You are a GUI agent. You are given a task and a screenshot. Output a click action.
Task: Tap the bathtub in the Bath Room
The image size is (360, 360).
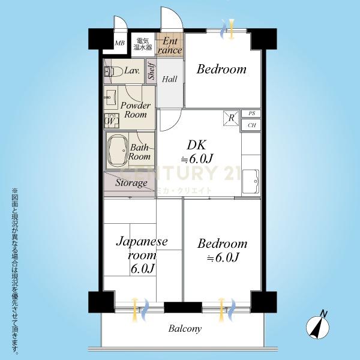click(x=118, y=151)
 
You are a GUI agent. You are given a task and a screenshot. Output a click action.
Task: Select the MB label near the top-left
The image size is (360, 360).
click(x=119, y=43)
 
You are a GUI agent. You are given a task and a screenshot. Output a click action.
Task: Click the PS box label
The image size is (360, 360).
click(x=252, y=113)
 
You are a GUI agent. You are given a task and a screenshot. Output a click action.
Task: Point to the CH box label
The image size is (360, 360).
click(x=252, y=125)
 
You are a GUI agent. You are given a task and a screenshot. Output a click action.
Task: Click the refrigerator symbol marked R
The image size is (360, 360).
click(x=231, y=118)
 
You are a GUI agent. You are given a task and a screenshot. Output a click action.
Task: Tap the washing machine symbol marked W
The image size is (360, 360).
click(x=112, y=121)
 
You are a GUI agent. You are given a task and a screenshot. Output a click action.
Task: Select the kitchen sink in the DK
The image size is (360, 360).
click(x=251, y=181)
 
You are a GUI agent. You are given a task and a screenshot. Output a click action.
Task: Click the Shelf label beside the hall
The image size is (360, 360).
click(x=152, y=71)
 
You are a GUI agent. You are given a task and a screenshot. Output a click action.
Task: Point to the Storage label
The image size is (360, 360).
click(x=131, y=183)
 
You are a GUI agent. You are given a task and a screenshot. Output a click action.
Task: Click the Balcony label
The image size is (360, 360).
click(x=185, y=329)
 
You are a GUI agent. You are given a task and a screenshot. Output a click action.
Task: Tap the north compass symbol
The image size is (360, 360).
click(x=318, y=326)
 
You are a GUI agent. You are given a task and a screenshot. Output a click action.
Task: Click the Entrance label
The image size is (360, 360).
click(x=170, y=46)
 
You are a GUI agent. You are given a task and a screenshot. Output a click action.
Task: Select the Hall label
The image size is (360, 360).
click(x=170, y=79)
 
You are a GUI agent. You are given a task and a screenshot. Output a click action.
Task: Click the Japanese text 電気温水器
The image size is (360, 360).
click(x=143, y=44)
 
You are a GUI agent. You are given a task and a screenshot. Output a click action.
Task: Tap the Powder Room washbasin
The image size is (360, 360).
click(x=110, y=97)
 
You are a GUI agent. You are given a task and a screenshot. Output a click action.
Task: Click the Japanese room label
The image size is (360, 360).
click(x=142, y=255)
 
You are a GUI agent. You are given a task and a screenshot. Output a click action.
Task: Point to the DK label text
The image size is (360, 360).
click(x=197, y=145)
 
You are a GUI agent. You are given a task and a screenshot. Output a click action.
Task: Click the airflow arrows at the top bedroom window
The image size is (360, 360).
click(x=228, y=29)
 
